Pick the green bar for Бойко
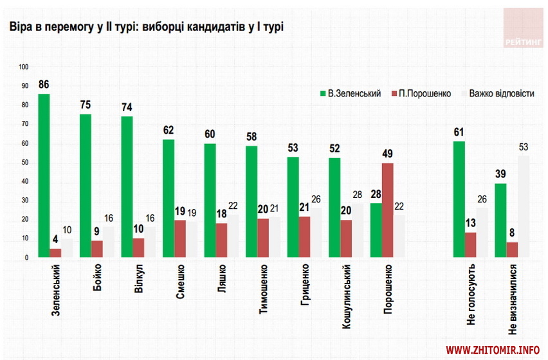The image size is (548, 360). tap(86, 186)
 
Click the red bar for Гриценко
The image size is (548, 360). tap(304, 237)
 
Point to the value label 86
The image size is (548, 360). tap(44, 84)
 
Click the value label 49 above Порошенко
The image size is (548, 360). tap(388, 154)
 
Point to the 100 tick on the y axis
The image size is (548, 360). tap(25, 67)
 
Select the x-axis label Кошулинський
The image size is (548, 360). tap(346, 295)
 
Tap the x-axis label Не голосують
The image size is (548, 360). tap(471, 292)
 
